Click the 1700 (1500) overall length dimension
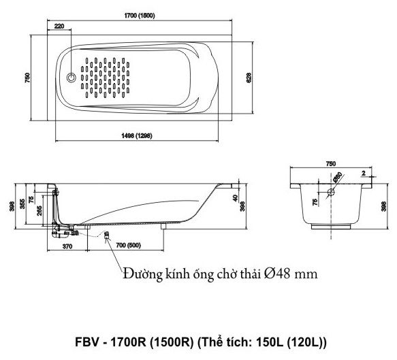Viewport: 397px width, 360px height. [x=139, y=16]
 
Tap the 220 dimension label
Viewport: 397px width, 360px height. [x=59, y=26]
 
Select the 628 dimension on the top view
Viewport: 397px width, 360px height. [x=249, y=78]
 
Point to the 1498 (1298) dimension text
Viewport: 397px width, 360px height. [x=137, y=136]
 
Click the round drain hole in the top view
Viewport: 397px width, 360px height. [x=71, y=78]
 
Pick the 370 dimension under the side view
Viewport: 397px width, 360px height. [x=67, y=246]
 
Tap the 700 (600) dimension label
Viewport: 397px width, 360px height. [x=129, y=245]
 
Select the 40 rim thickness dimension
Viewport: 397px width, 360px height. [x=236, y=197]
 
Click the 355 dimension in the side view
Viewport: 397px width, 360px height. [x=22, y=204]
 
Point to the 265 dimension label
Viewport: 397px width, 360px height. [x=39, y=210]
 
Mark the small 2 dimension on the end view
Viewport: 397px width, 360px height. [x=364, y=174]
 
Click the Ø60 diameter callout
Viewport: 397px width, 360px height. [x=338, y=177]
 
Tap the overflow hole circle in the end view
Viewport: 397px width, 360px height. [x=331, y=193]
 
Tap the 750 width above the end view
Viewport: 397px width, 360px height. [x=331, y=164]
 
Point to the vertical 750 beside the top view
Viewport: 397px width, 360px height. [x=27, y=78]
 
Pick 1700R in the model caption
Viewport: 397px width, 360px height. [x=129, y=342]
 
